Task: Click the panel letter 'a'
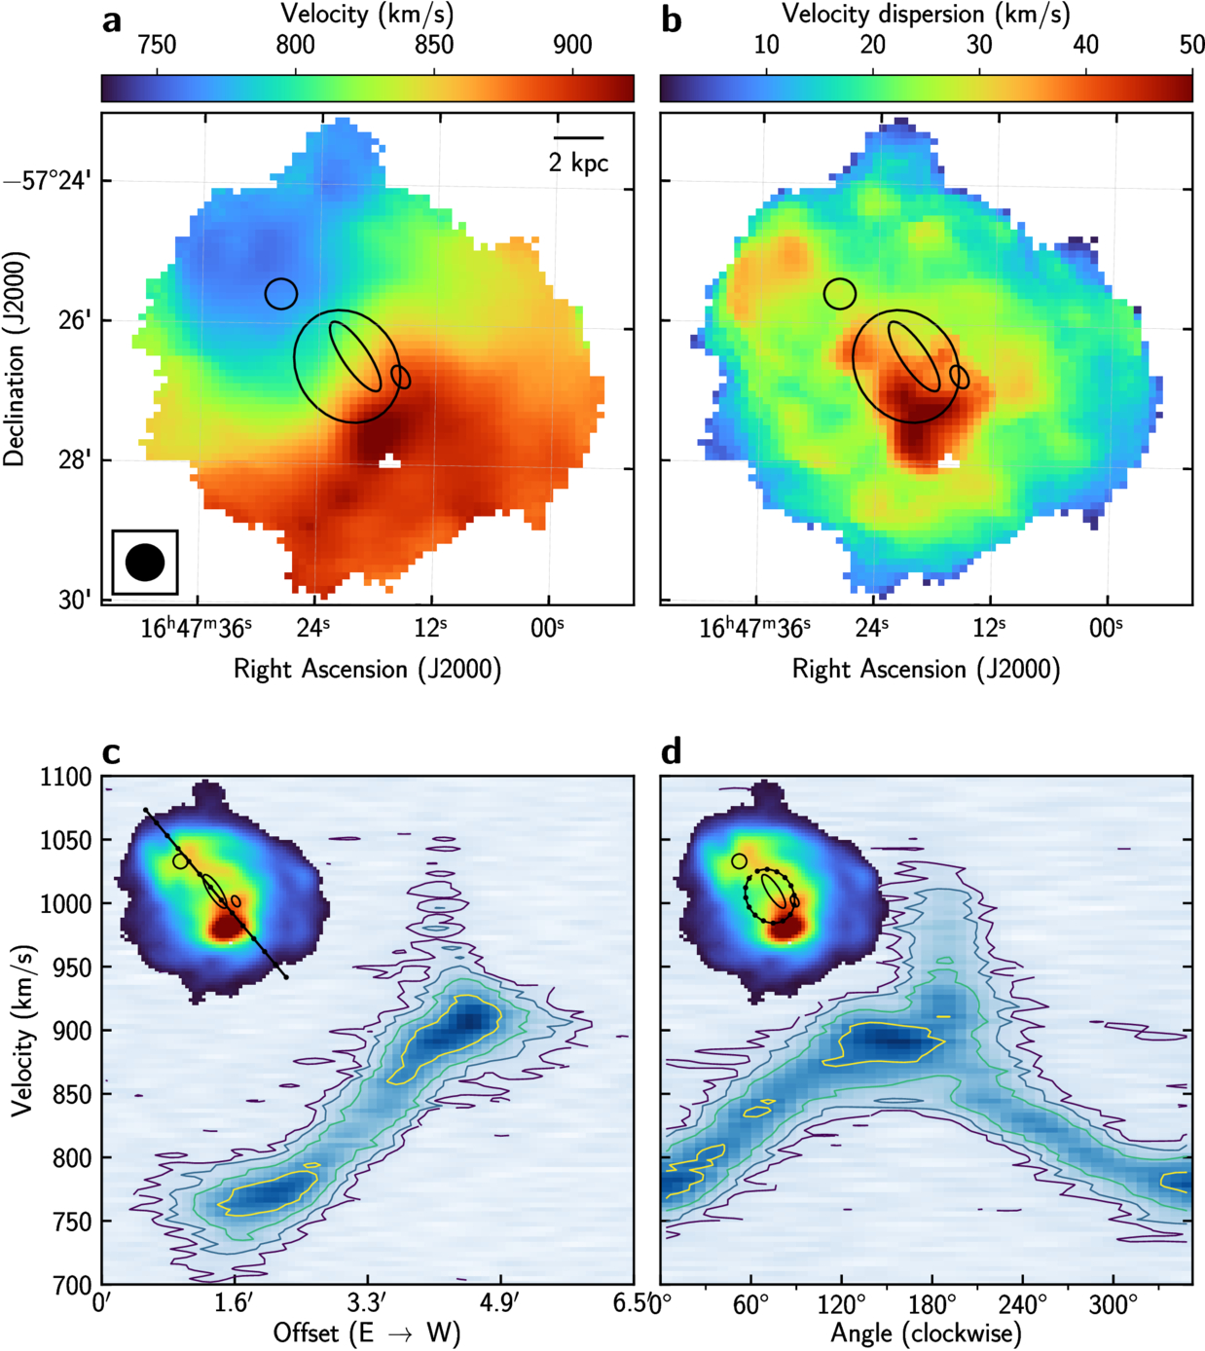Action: click(x=112, y=22)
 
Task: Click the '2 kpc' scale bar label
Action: click(x=578, y=162)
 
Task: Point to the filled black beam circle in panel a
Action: click(x=145, y=563)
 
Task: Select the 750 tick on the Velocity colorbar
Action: click(x=157, y=46)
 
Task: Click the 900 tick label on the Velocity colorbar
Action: click(x=573, y=46)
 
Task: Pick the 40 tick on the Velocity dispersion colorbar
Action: click(x=1086, y=46)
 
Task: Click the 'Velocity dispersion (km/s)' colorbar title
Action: click(x=926, y=14)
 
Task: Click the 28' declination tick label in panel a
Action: click(x=77, y=460)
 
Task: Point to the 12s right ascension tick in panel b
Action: click(x=990, y=628)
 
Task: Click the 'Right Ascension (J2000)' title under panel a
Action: click(x=367, y=669)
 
